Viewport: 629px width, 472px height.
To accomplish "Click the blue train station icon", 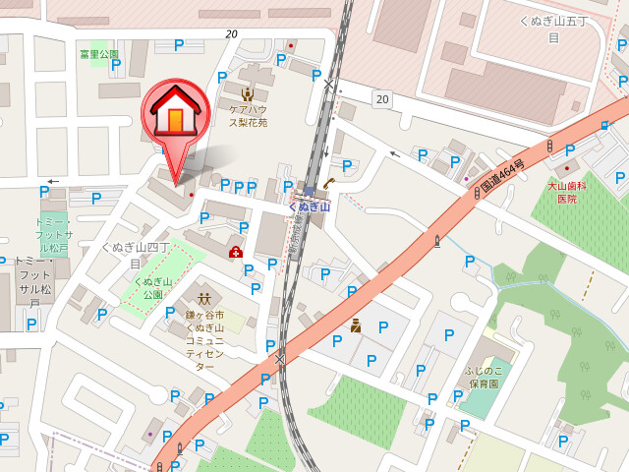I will pos(309,190).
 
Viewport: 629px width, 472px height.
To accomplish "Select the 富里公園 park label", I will pos(99,55).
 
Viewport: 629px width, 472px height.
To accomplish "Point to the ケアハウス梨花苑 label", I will pos(249,117).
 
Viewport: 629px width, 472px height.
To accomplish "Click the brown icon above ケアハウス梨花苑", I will pos(249,94).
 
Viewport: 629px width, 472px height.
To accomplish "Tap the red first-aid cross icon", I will pos(236,253).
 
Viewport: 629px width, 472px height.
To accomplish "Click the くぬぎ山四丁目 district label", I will pos(137,255).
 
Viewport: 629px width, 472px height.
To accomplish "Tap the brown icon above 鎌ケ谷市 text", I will pos(204,297).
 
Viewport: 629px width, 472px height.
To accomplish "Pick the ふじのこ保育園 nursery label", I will pos(483,378).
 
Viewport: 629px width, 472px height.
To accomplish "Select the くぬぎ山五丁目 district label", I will pos(552,29).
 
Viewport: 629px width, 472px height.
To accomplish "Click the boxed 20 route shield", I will pos(381,98).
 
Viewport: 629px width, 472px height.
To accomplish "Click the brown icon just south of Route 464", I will pos(356,325).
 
